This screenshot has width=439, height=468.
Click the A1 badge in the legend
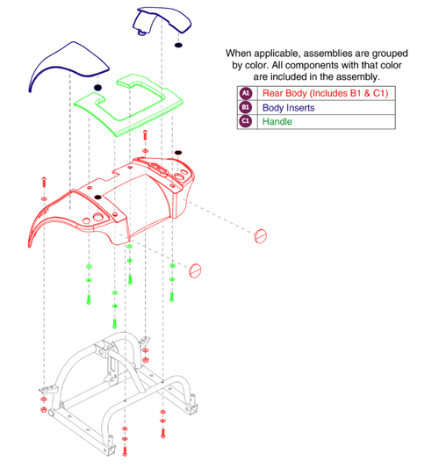click(245, 93)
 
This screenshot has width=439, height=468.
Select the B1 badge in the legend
click(245, 107)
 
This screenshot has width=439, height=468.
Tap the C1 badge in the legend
click(245, 121)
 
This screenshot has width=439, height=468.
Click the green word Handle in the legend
click(277, 121)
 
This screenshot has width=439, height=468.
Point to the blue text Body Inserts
click(288, 108)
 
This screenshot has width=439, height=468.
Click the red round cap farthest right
click(260, 236)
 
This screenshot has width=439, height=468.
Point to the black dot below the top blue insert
click(178, 46)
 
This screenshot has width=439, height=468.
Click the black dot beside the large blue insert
click(97, 88)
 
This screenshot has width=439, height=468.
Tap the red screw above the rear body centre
click(145, 135)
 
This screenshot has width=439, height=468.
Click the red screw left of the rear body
click(44, 182)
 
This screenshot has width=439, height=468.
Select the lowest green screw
click(115, 323)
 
